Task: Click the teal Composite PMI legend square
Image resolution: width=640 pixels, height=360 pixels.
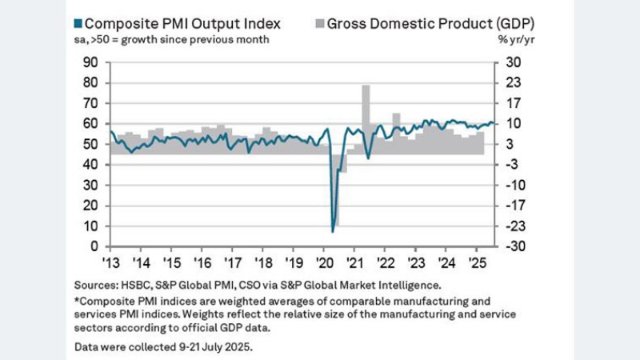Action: point(78,22)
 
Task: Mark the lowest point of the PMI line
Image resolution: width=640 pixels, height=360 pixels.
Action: point(333,231)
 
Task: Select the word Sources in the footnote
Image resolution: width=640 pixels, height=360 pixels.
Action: point(95,284)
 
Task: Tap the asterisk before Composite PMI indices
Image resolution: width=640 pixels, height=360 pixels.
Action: point(76,300)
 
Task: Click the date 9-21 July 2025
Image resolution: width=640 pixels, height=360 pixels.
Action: point(206,347)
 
